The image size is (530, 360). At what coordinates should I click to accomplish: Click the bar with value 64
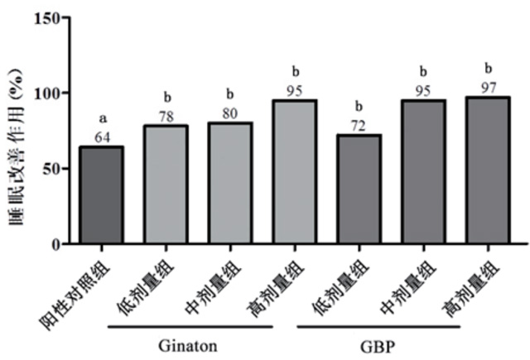[x=100, y=195]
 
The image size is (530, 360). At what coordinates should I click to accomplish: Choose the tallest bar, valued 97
[x=486, y=170]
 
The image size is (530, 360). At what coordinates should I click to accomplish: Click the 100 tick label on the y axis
[x=47, y=94]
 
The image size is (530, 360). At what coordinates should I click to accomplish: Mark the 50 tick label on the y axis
[x=51, y=169]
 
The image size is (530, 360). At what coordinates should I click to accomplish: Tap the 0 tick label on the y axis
[x=56, y=244]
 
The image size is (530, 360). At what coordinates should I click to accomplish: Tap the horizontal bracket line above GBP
[x=378, y=325]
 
